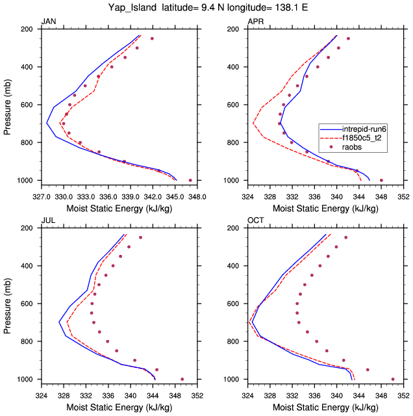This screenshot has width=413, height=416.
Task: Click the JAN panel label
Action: pos(48,22)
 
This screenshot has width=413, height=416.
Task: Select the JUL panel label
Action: pos(47,221)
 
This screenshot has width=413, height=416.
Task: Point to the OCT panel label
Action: pos(255,221)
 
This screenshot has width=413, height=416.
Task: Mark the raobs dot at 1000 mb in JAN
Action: pos(190,180)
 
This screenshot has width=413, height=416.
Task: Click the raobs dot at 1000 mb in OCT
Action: pos(393,379)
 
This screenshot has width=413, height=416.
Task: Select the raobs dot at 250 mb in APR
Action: pos(348,39)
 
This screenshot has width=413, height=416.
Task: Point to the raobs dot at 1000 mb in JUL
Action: pos(182,379)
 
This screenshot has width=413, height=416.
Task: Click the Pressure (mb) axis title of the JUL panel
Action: pos(8,304)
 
